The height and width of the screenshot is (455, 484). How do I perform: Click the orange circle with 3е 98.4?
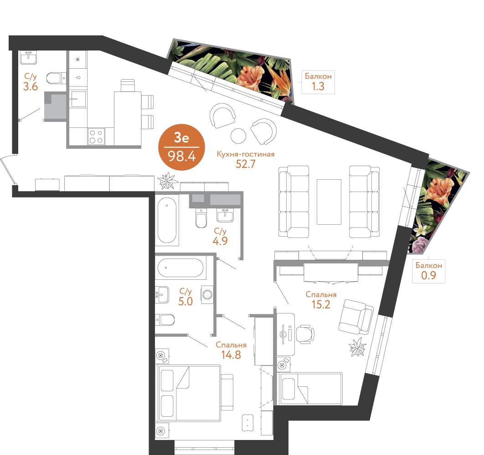coord(181,147)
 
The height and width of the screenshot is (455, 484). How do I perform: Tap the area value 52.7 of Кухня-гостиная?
coord(246,164)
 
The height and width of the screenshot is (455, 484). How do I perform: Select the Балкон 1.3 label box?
coord(318,82)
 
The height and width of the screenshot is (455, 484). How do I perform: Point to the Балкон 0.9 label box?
coord(429,271)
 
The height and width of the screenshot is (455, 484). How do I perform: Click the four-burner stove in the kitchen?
coord(96,136)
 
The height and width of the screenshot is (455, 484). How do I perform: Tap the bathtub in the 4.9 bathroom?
coord(167,220)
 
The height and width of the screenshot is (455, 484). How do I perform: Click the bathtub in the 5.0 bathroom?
coord(180,268)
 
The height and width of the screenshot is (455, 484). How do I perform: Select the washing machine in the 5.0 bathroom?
coord(207,295)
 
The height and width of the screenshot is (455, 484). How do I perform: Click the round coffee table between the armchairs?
coord(238,135)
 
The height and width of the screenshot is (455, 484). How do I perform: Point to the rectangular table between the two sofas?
coord(329,202)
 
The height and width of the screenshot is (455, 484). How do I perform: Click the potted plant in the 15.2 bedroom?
coord(358,347)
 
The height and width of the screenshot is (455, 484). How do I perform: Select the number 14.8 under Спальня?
coord(231,355)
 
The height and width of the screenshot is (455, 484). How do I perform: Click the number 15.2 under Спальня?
coord(321,304)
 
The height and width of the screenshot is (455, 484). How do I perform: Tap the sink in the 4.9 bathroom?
coord(225,215)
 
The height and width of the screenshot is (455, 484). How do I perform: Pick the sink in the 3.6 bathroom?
coord(29,58)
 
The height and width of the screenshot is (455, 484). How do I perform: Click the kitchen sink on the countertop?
coord(78,99)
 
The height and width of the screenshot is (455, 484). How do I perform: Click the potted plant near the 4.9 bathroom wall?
coord(167,181)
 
